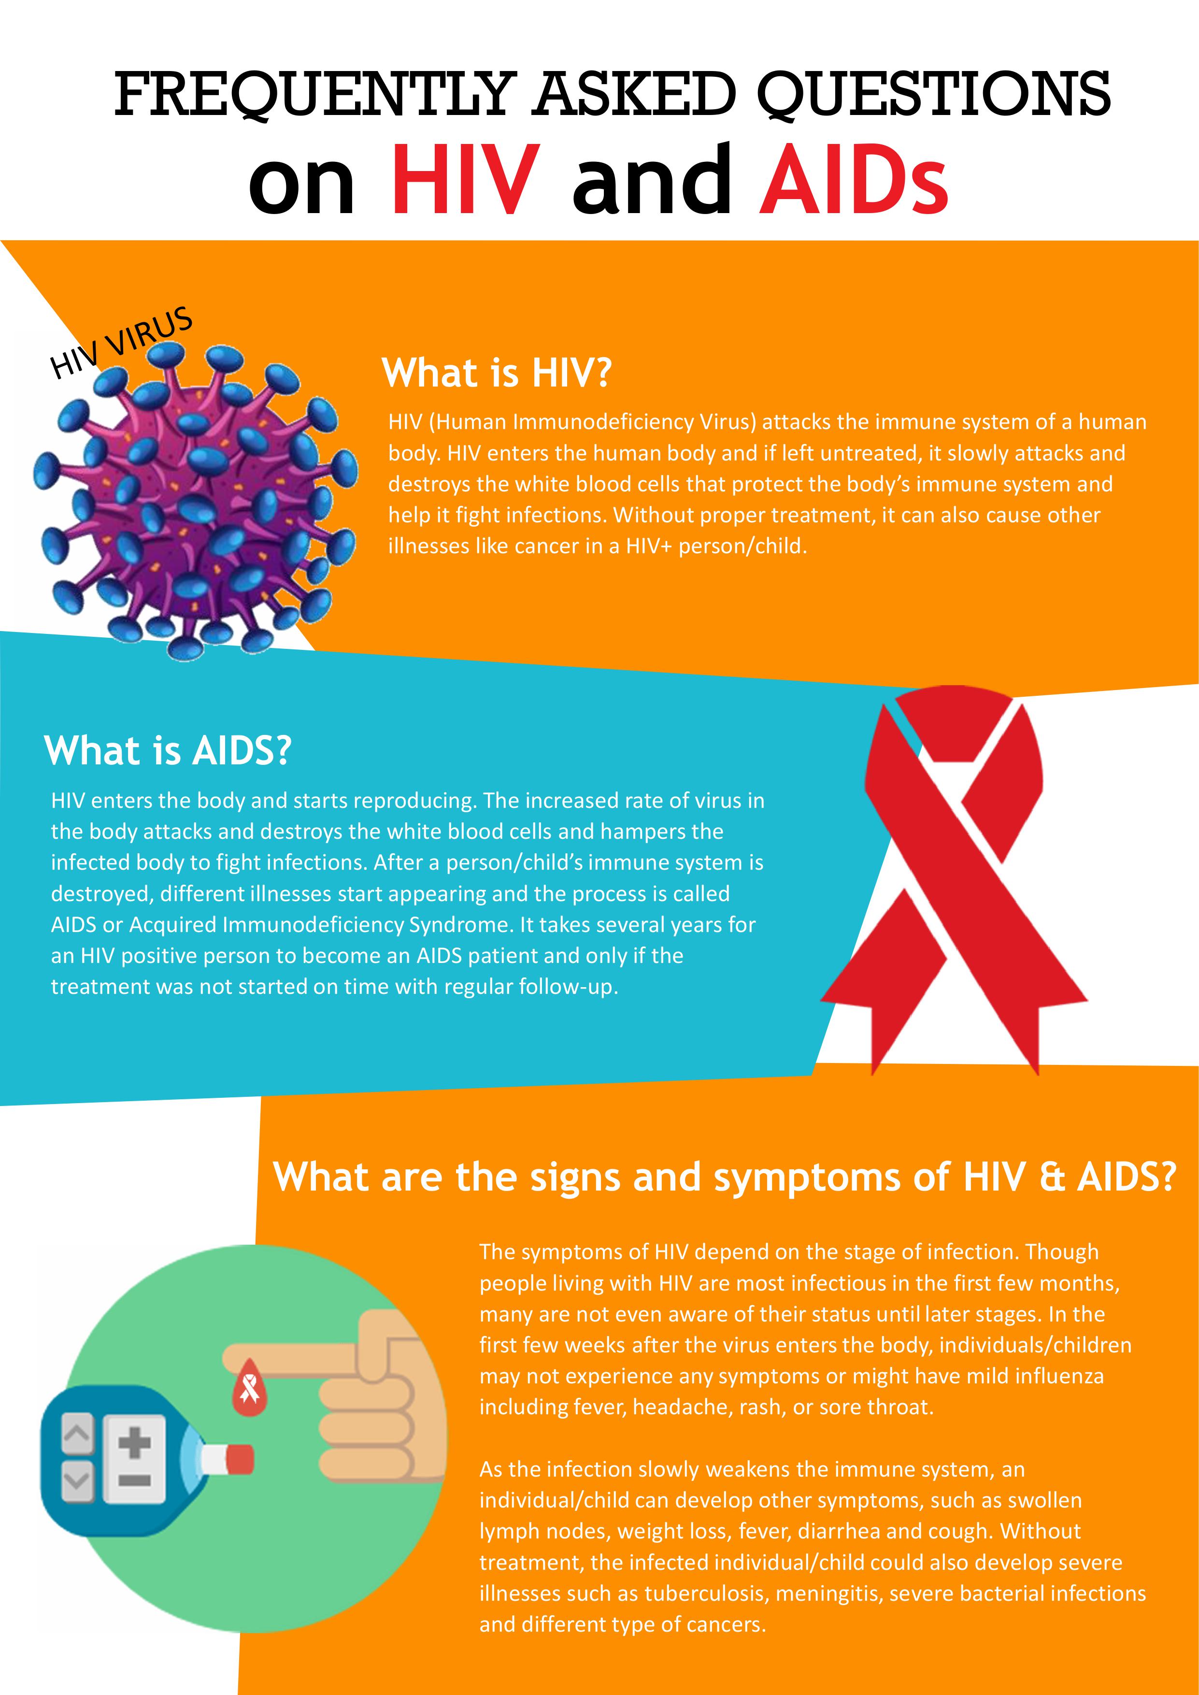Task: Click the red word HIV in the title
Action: [x=465, y=179]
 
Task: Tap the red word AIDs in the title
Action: [x=854, y=179]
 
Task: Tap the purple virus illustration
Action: [x=196, y=502]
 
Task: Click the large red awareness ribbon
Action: [x=953, y=878]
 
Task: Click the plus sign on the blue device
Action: [x=134, y=1442]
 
